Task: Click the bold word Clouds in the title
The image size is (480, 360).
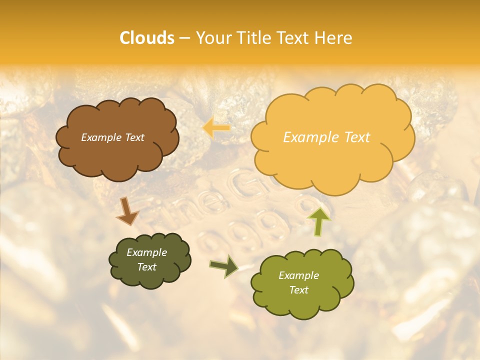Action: coord(147,38)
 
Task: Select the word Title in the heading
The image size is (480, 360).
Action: coord(254,38)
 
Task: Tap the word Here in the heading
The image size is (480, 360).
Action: coord(333,38)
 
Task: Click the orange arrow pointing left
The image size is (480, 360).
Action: coord(216,128)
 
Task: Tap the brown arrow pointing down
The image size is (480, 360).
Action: coord(127,212)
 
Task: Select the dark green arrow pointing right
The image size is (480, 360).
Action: coord(224,266)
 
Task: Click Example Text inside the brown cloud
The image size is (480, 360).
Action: coord(112,137)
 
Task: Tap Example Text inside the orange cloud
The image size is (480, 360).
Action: coord(326,137)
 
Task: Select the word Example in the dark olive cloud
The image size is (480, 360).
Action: coord(146,252)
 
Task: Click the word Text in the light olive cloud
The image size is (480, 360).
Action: coord(298,290)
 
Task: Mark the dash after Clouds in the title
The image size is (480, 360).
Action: coord(184,38)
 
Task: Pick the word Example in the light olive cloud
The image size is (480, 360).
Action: coord(298,275)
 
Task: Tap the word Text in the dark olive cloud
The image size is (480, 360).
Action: coord(146,267)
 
